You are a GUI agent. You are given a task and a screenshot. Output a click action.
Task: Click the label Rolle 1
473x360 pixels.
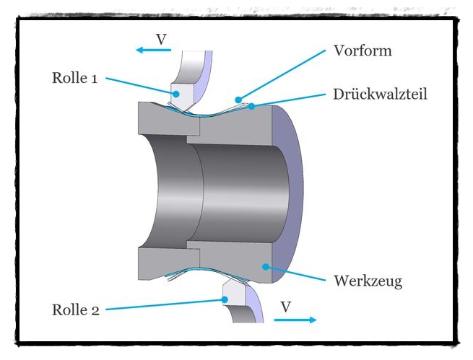pos(74,78)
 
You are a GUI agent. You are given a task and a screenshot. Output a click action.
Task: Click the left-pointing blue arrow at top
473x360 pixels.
pos(152,51)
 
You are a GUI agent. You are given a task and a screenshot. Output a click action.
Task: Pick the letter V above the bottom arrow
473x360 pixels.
pos(286,307)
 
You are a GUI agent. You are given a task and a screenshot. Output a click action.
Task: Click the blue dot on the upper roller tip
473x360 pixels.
pos(174,92)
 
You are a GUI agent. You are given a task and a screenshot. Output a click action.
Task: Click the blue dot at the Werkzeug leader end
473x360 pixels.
pos(267,266)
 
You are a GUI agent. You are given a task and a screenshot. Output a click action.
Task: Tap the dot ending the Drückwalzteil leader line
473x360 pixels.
pos(251,107)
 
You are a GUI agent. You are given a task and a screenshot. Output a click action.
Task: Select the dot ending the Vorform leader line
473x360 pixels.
pos(238,99)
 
